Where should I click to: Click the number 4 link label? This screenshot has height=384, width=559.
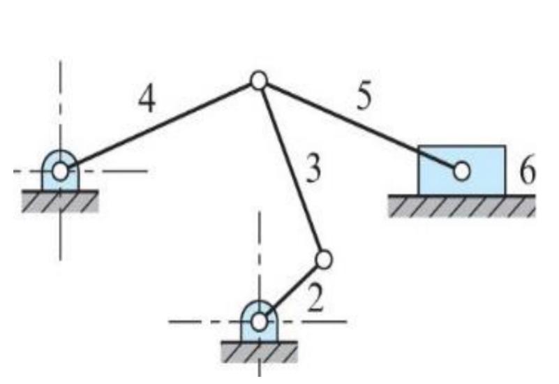[146, 101]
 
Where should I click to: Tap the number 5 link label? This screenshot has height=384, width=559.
[363, 98]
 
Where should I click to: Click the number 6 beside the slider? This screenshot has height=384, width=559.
[527, 171]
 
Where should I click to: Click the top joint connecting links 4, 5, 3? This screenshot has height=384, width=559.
[258, 81]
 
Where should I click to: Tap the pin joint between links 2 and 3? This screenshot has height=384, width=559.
[323, 260]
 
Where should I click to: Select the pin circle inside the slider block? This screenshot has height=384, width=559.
[461, 170]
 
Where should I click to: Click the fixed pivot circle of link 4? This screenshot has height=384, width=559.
[61, 170]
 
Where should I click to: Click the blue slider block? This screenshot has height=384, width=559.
[482, 157]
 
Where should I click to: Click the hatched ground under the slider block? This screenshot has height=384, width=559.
[461, 206]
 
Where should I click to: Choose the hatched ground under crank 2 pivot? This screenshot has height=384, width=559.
[259, 351]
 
